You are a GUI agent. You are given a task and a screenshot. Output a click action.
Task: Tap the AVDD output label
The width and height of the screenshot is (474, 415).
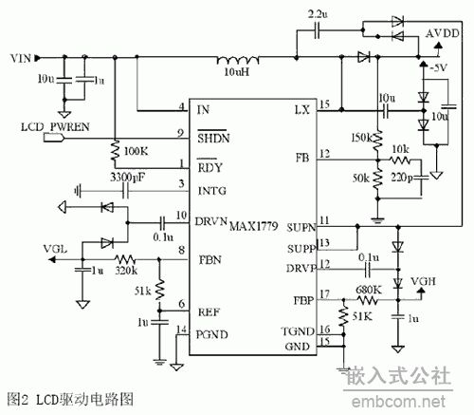click(x=443, y=32)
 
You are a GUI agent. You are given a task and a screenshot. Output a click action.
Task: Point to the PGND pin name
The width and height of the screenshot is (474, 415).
click(x=213, y=330)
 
